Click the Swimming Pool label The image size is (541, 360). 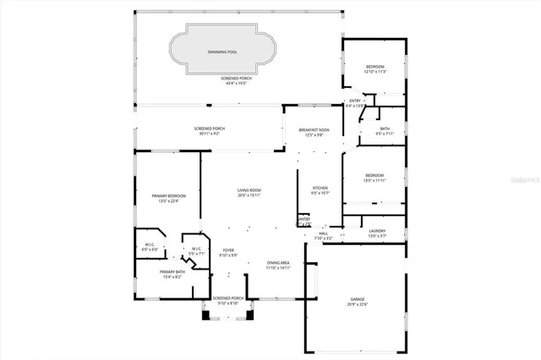pyautogui.click(x=222, y=52)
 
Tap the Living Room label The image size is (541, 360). pyautogui.click(x=249, y=191)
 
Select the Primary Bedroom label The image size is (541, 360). pyautogui.click(x=168, y=196)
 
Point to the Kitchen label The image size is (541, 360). pyautogui.click(x=320, y=188)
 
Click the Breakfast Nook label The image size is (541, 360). pyautogui.click(x=314, y=130)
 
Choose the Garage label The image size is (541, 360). pyautogui.click(x=358, y=299)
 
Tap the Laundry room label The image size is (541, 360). pyautogui.click(x=377, y=231)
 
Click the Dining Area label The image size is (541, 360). pyautogui.click(x=278, y=264)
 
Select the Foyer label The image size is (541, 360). pyautogui.click(x=228, y=250)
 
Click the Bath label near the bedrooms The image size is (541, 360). pyautogui.click(x=385, y=129)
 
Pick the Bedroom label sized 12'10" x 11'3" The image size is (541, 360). pyautogui.click(x=374, y=67)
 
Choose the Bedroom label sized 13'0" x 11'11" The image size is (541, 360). pyautogui.click(x=374, y=176)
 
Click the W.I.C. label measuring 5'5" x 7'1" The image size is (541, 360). pyautogui.click(x=195, y=248)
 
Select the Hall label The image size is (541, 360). pyautogui.click(x=323, y=233)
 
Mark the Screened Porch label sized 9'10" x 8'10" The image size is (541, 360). pyautogui.click(x=227, y=298)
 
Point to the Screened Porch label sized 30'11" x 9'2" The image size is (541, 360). pyautogui.click(x=208, y=128)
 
